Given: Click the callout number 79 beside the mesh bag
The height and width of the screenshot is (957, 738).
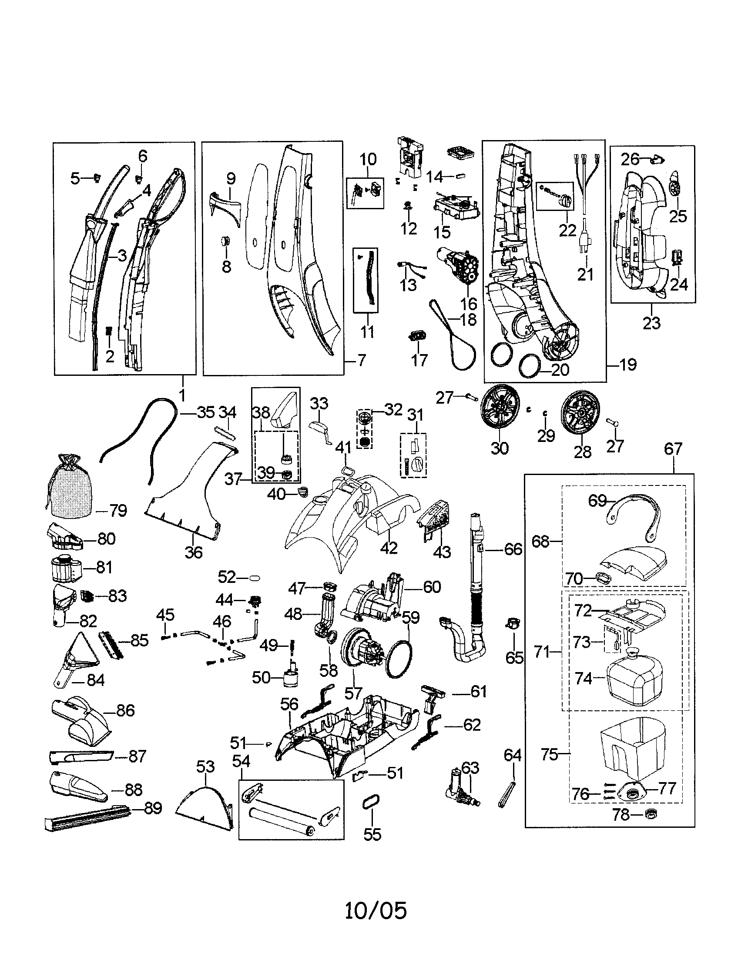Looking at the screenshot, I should [x=117, y=511].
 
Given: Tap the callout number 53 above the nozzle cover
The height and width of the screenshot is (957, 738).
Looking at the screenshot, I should [x=205, y=766].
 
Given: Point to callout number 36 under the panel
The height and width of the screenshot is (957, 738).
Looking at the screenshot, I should [x=193, y=552].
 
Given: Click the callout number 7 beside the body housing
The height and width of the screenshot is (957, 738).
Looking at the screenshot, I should [x=362, y=361].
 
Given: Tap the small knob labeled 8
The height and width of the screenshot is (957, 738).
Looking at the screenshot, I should [x=226, y=241].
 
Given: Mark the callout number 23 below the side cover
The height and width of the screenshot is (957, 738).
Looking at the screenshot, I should [x=651, y=323].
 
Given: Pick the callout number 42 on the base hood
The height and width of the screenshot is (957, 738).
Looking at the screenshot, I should [x=389, y=548].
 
